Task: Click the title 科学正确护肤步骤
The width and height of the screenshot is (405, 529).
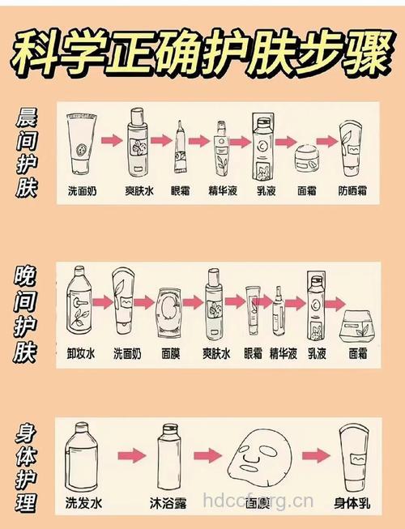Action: pyautogui.click(x=202, y=52)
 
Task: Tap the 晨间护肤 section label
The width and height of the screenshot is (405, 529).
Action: pyautogui.click(x=26, y=153)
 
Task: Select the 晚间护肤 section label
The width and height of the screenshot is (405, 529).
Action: pyautogui.click(x=26, y=314)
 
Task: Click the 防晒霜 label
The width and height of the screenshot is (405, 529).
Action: pyautogui.click(x=353, y=192)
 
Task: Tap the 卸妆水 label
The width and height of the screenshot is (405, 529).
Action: pyautogui.click(x=81, y=353)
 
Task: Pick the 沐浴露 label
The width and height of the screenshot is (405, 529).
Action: pyautogui.click(x=168, y=503)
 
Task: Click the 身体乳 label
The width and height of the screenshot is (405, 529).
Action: pyautogui.click(x=351, y=503)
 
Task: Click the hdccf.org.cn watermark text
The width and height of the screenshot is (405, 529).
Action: pyautogui.click(x=258, y=501)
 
